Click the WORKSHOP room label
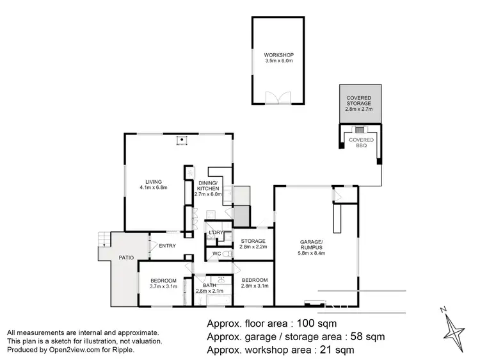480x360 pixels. (x=278, y=55)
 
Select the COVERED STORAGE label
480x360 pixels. (x=358, y=99)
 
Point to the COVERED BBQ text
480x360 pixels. (x=360, y=142)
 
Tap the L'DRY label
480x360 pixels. (x=215, y=232)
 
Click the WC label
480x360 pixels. (x=217, y=254)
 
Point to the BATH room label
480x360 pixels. (x=210, y=285)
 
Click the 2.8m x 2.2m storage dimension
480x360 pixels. (x=253, y=247)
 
